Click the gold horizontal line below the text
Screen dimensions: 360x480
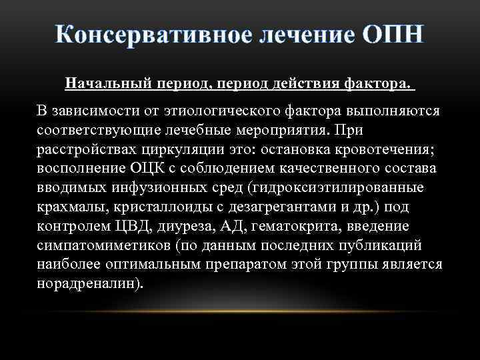(240, 311)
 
